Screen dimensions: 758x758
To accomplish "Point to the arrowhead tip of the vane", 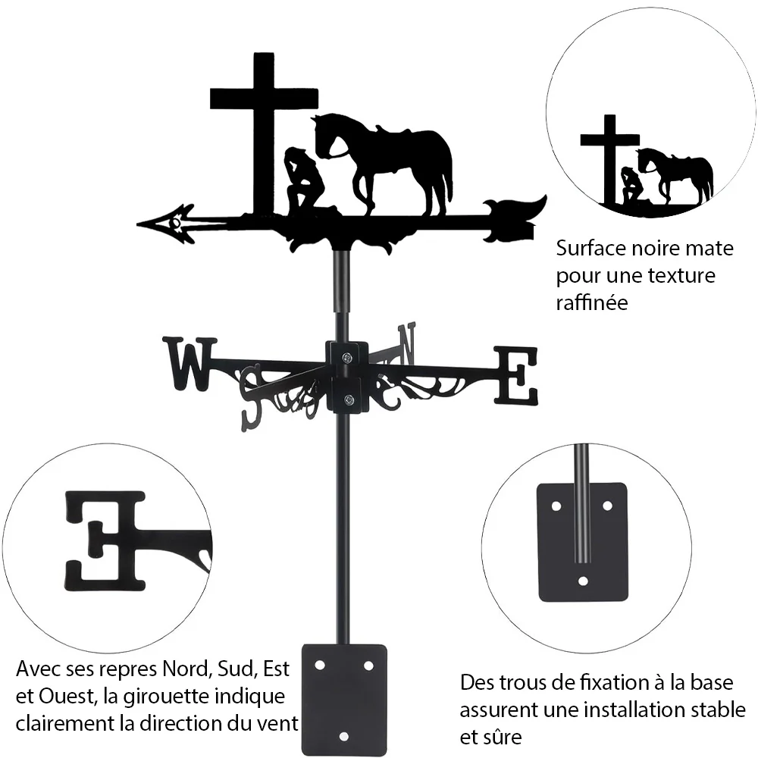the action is point(138,224).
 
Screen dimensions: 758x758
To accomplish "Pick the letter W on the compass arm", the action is point(189,364).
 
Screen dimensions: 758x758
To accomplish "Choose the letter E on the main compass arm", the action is point(515,376).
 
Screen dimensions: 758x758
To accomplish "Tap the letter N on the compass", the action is point(406,343).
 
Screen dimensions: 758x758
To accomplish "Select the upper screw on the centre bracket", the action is point(347,358).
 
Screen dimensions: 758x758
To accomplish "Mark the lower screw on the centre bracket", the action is point(348,399).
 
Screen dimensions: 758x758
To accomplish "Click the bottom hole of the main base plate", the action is point(343,736).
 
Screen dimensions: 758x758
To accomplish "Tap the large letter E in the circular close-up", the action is point(105,540).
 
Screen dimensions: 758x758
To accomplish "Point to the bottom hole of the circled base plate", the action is point(583,581).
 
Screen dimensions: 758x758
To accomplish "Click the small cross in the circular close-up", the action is point(609,159).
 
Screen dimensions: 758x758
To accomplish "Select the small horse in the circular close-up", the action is point(675,175).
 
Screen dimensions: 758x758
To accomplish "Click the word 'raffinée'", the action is point(592,302).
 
